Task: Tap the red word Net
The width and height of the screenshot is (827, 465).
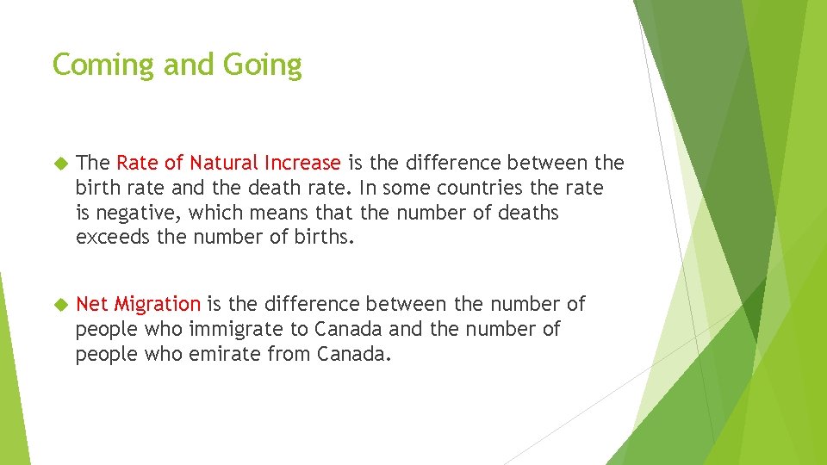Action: [x=93, y=304]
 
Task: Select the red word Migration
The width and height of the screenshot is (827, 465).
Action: [x=158, y=304]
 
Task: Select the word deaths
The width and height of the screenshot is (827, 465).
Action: [x=528, y=213]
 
